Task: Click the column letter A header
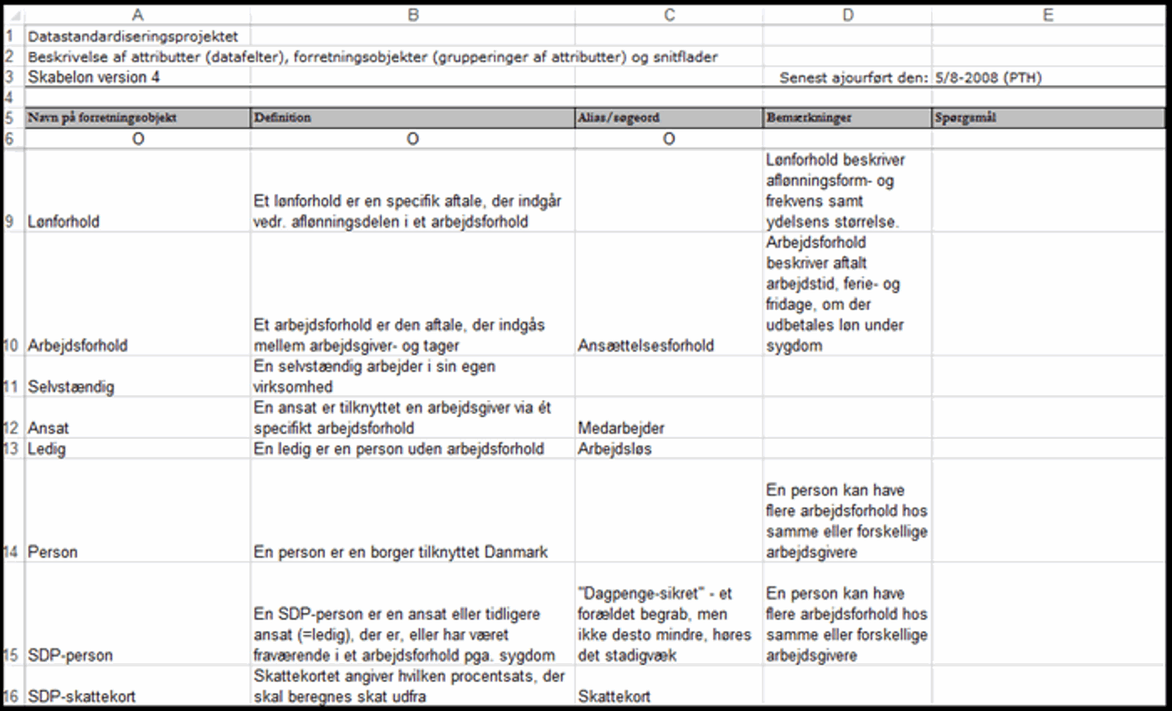pos(138,15)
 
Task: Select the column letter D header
pos(848,15)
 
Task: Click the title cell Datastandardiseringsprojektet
pos(133,36)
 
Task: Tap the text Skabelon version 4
pos(93,78)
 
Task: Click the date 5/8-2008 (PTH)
pos(988,78)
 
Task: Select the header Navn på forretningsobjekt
pos(102,118)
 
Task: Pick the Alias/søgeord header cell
pos(618,118)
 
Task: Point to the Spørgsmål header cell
pos(965,118)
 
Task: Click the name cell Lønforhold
pos(64,222)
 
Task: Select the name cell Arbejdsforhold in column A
pos(78,346)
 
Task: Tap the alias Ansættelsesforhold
pos(645,346)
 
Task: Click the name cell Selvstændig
pos(71,387)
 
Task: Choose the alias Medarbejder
pos(621,428)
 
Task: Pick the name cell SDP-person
pos(70,656)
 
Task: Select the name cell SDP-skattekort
pos(82,697)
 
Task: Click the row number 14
pos(12,552)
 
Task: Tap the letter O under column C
pos(669,139)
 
